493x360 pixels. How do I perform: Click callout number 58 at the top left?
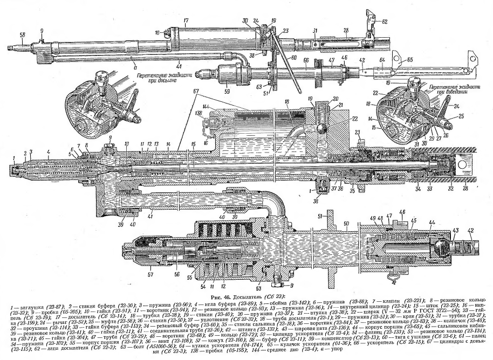[22, 34]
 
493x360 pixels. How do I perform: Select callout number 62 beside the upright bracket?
[385, 22]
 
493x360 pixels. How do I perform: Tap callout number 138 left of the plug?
[199, 115]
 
